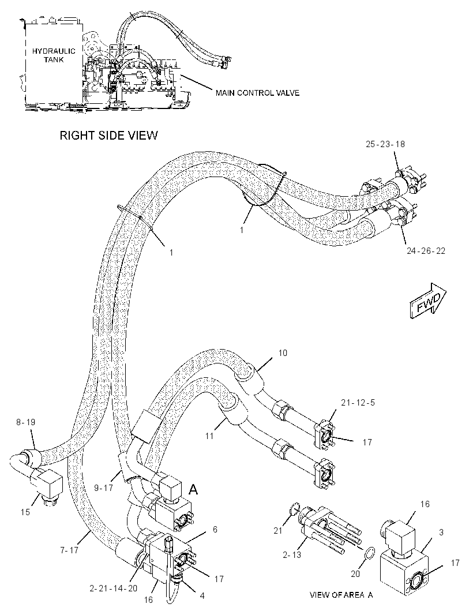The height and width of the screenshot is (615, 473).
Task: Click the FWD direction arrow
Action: click(x=428, y=301)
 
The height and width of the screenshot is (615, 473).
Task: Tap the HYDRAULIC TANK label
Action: click(x=54, y=55)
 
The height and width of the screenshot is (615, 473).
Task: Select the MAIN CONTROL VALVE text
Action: click(x=257, y=93)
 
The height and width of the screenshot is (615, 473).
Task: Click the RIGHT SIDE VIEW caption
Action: click(x=108, y=136)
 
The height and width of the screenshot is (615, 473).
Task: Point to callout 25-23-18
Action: click(x=385, y=144)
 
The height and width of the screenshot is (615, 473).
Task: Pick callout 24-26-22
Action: click(x=426, y=250)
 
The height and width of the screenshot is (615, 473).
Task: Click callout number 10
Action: click(x=283, y=353)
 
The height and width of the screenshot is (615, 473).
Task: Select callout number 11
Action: click(x=209, y=436)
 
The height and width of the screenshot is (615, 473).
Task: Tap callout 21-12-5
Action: click(x=358, y=403)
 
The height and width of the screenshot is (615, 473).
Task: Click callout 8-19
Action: click(x=25, y=422)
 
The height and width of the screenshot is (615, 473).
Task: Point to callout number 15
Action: click(x=25, y=512)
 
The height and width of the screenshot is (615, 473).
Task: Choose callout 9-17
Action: click(x=103, y=488)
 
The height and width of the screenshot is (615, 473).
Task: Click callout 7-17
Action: click(x=69, y=550)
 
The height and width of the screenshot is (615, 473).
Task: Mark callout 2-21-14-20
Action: click(x=114, y=588)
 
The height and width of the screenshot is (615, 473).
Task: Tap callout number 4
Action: click(x=202, y=596)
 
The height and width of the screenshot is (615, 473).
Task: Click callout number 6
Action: click(x=215, y=530)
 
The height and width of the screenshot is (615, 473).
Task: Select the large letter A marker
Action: click(x=193, y=489)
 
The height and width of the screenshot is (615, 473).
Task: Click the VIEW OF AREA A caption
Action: click(x=341, y=595)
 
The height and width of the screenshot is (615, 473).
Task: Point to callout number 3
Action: click(x=441, y=532)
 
